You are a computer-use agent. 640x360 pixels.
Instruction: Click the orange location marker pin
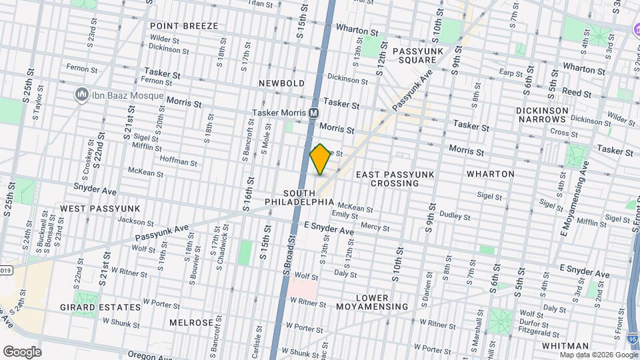[321, 159]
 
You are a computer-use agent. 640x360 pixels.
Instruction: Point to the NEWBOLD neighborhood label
[282, 83]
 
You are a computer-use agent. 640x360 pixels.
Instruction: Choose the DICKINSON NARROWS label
[541, 115]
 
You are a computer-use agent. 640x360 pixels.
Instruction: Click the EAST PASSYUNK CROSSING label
[395, 179]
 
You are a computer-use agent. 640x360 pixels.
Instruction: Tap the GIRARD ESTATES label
[110, 307]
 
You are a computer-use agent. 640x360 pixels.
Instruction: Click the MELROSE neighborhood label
[191, 323]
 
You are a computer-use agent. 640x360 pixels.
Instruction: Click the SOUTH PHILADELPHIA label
[299, 197]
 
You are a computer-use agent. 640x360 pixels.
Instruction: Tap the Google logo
[22, 351]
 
